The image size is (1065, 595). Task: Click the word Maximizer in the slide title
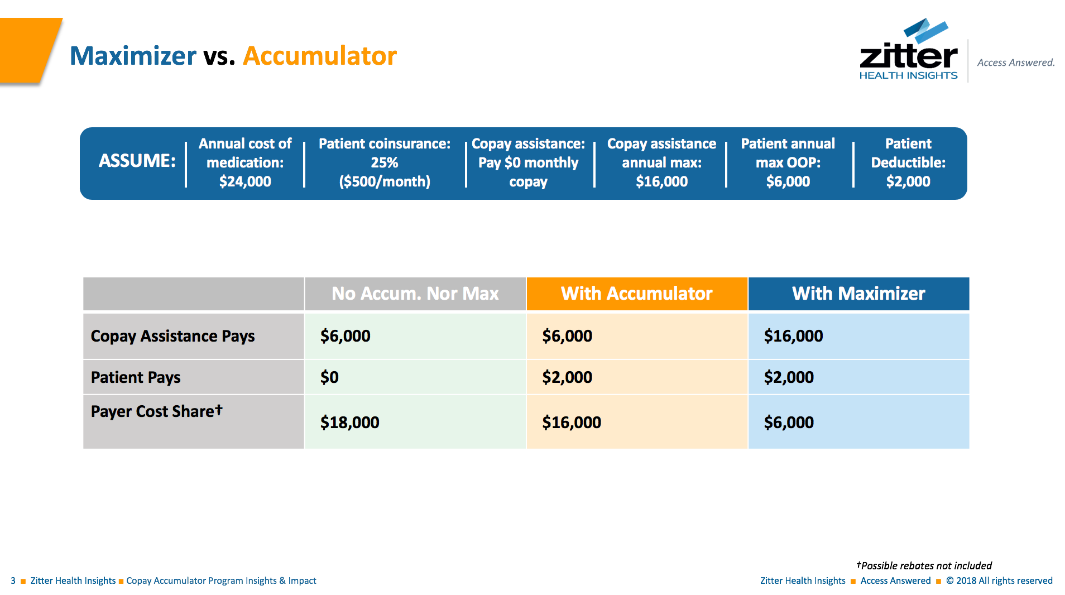133,56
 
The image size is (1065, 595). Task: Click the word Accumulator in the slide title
319,56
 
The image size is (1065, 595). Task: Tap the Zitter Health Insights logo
908,50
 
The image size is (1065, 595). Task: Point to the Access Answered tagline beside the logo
1015,63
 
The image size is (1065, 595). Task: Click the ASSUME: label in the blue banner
137,161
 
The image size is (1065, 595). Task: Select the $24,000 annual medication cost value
245,181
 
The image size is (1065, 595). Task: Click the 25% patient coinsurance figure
385,162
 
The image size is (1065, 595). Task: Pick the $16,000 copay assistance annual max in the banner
661,181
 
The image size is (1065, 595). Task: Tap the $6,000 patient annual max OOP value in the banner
788,181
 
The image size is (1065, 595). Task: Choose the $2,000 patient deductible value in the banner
908,181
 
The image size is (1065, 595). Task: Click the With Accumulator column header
636,294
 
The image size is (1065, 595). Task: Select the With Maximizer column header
858,294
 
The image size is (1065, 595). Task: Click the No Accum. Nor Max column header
415,294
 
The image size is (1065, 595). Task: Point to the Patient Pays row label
136,377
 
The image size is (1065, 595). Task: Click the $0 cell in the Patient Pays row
329,377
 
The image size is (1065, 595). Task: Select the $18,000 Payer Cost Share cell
349,423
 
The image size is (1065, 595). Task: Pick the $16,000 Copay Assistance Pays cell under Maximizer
793,336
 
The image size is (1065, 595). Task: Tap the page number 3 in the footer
13,580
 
